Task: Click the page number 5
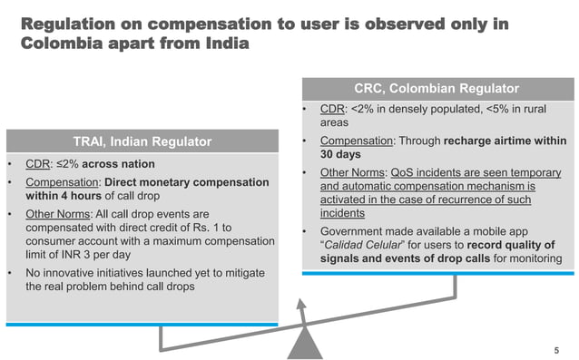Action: [x=556, y=349]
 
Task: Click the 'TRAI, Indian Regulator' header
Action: [x=142, y=141]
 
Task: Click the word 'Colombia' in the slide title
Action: [x=62, y=43]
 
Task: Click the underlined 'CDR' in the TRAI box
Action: [x=38, y=164]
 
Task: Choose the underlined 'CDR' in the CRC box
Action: [x=333, y=111]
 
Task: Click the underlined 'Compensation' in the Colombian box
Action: [x=357, y=141]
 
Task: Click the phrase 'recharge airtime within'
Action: [x=498, y=141]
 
